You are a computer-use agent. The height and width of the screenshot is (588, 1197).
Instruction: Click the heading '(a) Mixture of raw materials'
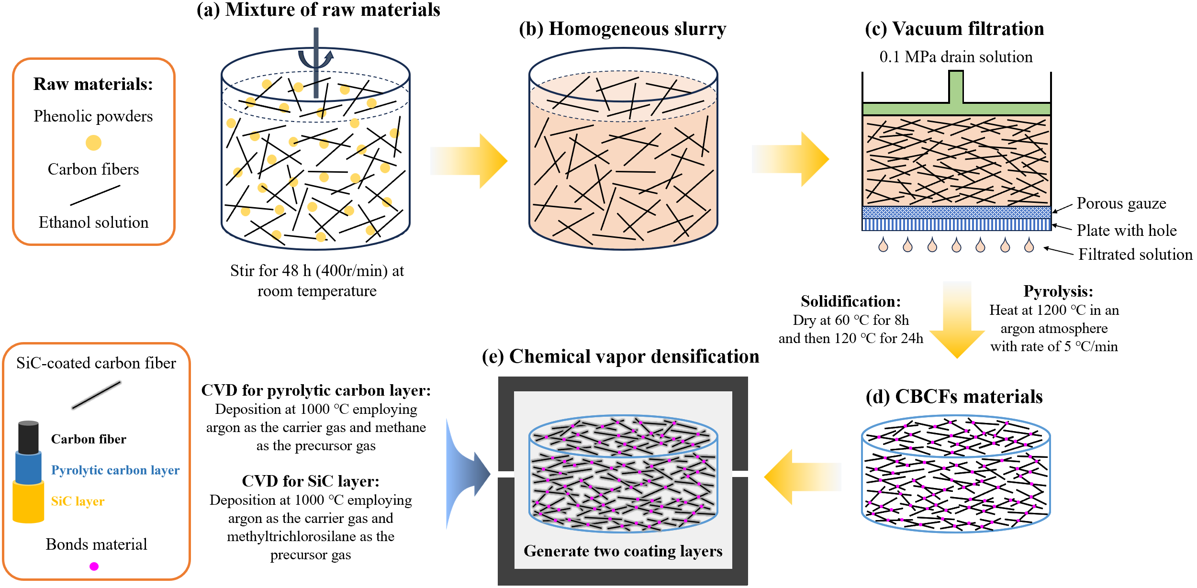click(318, 10)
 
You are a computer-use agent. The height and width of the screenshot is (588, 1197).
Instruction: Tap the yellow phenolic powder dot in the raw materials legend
click(93, 143)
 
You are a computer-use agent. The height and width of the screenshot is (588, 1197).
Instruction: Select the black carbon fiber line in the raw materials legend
click(95, 195)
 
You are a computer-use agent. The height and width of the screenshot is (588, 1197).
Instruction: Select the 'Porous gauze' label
click(1121, 203)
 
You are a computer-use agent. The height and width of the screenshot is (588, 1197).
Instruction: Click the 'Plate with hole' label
click(1126, 231)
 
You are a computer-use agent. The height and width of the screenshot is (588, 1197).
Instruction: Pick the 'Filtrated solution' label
click(1135, 255)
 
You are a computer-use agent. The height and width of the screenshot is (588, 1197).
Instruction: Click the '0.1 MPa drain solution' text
click(956, 57)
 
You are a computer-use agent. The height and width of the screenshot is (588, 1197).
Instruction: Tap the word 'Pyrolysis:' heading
click(1058, 291)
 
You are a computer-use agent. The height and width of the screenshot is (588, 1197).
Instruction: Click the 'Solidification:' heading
click(850, 301)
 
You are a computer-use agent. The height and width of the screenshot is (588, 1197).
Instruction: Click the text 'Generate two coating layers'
click(623, 551)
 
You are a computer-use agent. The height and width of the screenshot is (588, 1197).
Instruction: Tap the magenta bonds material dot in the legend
click(94, 566)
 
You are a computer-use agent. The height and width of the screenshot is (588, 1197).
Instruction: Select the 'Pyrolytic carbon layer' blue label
click(115, 470)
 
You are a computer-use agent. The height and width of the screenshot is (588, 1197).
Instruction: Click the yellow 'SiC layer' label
click(78, 501)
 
